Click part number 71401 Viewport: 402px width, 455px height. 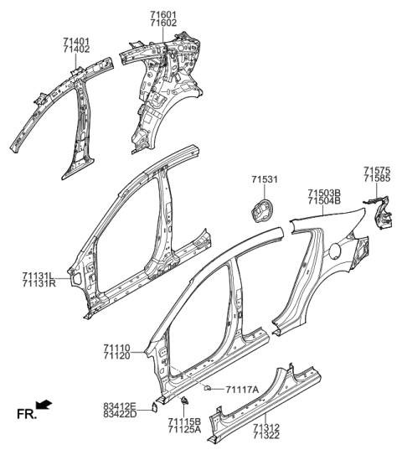[75, 40]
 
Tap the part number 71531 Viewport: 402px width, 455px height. [265, 178]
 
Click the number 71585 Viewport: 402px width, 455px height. [378, 178]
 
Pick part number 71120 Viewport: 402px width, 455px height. [117, 356]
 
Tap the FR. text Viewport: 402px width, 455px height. [24, 413]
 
